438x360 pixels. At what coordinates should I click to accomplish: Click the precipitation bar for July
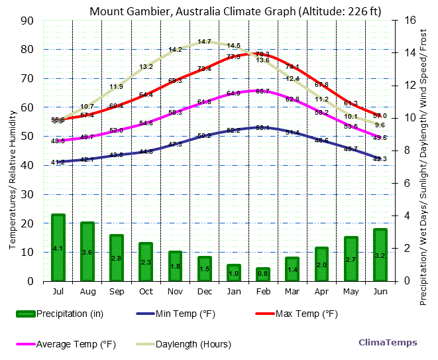point(58,247)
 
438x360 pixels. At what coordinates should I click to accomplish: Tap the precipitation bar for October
point(146,261)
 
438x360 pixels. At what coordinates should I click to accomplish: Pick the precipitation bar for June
point(380,255)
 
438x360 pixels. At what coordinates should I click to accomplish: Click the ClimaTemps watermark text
point(388,342)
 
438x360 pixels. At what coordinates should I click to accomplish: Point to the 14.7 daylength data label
point(204,42)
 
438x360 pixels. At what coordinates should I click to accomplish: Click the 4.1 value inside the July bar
point(58,249)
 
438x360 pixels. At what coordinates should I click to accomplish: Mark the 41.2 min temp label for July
point(58,162)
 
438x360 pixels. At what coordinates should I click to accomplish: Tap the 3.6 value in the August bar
point(87,253)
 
